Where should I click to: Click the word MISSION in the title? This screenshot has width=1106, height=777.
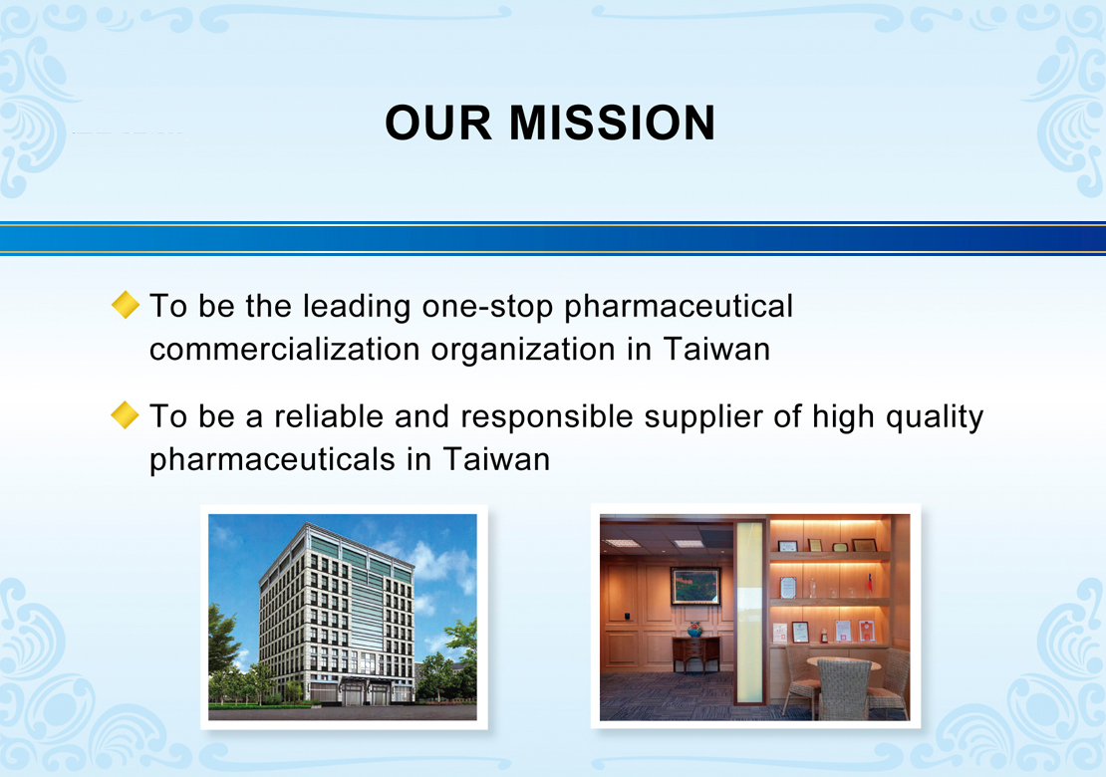point(612,123)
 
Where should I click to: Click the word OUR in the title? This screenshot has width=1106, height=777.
point(438,123)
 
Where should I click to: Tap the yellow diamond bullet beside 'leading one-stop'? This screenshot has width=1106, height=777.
point(126,305)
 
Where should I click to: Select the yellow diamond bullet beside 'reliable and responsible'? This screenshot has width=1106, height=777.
point(126,414)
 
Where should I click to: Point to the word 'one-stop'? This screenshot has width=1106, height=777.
point(487,308)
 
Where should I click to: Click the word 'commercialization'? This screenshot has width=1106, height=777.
point(285,349)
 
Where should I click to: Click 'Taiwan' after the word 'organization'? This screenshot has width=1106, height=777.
point(716,349)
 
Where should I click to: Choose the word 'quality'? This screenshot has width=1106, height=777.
point(934,417)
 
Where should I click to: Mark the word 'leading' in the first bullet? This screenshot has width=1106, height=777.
point(356,308)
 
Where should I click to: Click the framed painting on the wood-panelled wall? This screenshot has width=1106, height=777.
point(695,585)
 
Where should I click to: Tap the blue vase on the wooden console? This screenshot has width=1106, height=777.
point(694,629)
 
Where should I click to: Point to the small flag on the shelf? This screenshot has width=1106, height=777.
point(869,583)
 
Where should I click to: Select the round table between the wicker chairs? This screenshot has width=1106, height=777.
point(843,662)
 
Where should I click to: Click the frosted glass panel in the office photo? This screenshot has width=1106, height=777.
point(749,611)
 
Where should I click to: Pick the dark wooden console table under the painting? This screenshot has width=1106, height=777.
point(695,652)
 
